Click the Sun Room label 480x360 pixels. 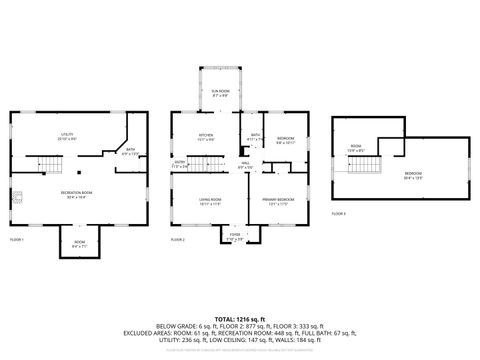tap(220, 93)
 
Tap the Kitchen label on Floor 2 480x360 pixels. tap(205, 137)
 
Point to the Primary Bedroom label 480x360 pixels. tap(279, 200)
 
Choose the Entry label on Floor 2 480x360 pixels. tap(180, 163)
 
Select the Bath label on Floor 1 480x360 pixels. tap(130, 152)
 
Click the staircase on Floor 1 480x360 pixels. tap(50, 162)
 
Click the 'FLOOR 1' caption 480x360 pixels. tap(18, 240)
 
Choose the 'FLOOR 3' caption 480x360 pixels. tap(338, 213)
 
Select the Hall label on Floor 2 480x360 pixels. tap(245, 164)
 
